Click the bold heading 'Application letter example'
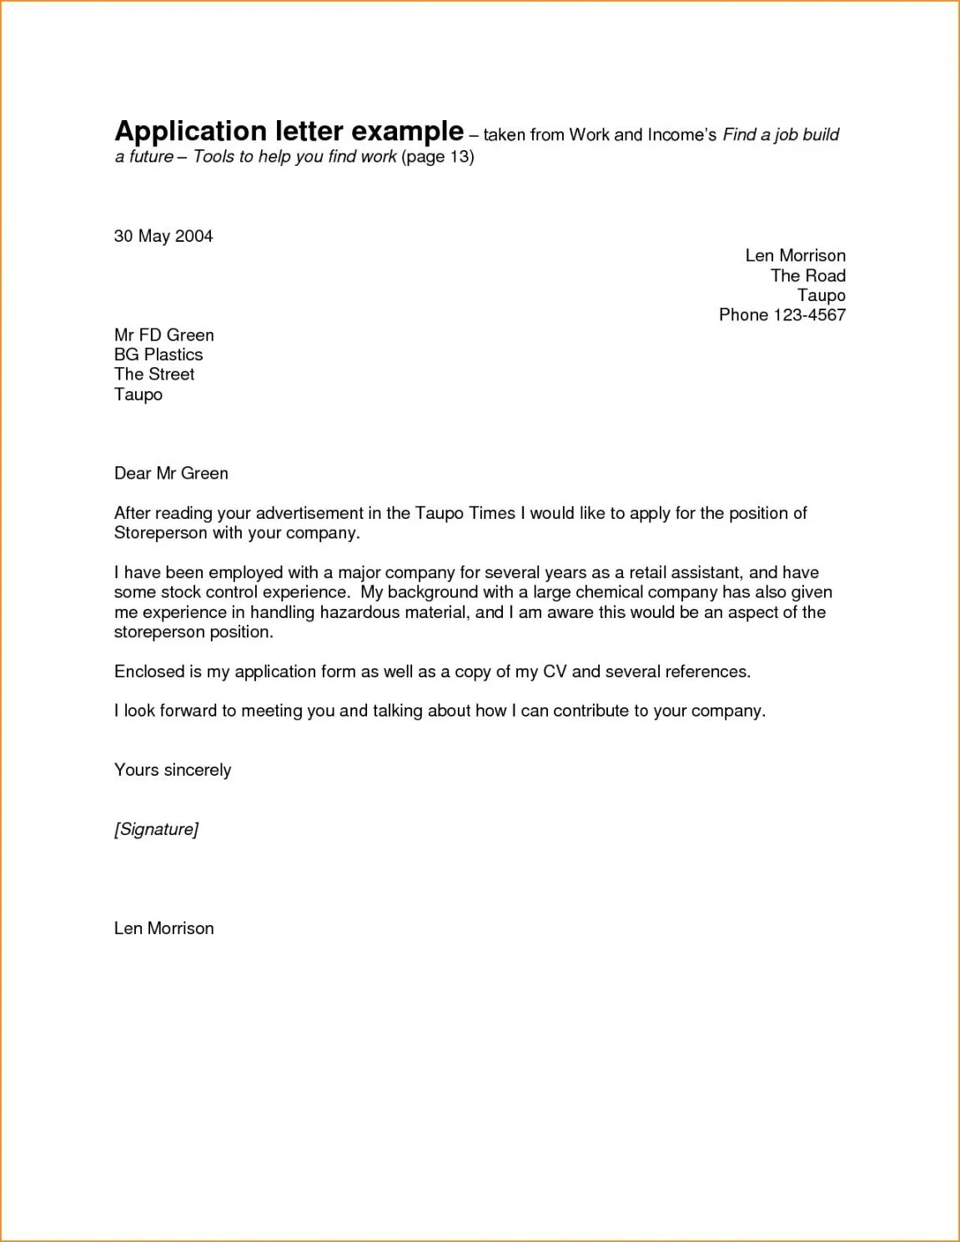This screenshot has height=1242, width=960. (289, 132)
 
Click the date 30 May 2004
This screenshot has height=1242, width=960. (163, 236)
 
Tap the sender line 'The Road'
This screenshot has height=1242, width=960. (807, 275)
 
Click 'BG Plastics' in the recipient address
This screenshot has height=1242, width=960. (158, 354)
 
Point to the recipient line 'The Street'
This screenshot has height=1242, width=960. (154, 375)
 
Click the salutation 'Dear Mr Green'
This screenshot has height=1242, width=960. (171, 473)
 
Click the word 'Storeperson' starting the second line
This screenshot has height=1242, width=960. (160, 533)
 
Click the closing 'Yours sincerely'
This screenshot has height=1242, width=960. (173, 770)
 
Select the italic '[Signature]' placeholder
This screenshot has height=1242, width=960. (156, 829)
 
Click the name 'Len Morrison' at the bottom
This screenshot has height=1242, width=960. (164, 928)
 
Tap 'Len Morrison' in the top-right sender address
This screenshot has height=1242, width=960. (795, 255)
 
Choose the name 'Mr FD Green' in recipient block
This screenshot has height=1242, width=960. (164, 334)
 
